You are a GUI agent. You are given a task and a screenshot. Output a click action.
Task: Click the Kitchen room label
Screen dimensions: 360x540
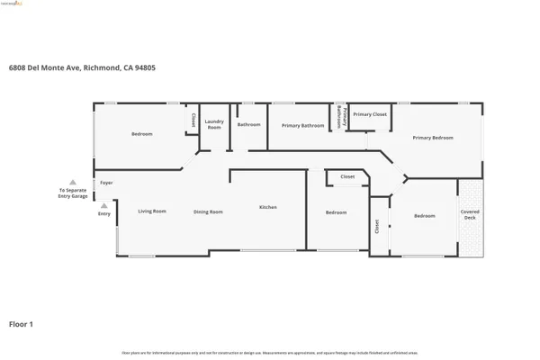pos(268,207)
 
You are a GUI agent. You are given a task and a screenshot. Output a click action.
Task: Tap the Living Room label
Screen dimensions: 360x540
pos(152,211)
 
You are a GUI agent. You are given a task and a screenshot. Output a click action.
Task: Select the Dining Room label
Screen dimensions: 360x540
pos(208,211)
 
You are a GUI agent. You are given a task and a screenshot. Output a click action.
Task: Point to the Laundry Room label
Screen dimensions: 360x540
pos(213,124)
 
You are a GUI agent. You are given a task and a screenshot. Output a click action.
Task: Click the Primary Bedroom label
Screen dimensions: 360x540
pos(433,138)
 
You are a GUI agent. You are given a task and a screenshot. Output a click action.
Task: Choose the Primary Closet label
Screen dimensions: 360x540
pos(369,114)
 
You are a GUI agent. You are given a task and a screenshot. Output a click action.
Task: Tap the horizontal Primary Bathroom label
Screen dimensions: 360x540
pos(302,125)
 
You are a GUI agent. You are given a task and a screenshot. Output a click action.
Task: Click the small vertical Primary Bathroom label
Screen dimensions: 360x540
pos(339,118)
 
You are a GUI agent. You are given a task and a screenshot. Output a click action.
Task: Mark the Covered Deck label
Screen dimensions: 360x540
pos(471,214)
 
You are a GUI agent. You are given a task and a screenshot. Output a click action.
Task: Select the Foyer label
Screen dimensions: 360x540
pos(106,183)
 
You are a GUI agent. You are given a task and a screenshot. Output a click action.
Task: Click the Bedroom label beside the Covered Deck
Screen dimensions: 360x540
pos(425,216)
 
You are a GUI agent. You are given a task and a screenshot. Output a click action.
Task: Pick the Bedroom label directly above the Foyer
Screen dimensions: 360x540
pos(142,134)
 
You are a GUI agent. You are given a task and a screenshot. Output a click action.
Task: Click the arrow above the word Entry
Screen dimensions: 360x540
pos(104,205)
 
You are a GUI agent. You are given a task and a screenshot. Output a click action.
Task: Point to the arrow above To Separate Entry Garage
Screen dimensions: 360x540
pos(73,182)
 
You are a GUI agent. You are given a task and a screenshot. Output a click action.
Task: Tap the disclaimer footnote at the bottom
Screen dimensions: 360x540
pos(270,352)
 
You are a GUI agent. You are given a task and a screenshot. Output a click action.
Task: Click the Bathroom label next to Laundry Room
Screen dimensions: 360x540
pos(249,124)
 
